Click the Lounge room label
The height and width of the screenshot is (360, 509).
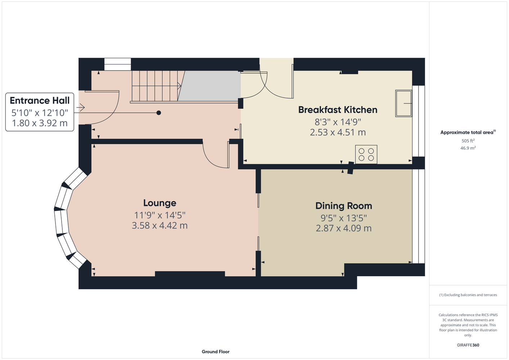click(160, 203)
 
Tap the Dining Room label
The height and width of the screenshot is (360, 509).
click(344, 206)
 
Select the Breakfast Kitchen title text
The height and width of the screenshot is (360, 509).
click(338, 110)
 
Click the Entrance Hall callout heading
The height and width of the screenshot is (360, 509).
click(40, 100)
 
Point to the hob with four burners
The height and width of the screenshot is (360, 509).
click(366, 154)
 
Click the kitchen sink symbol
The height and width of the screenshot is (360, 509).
click(403, 103)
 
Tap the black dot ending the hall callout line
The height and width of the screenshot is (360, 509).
click(159, 113)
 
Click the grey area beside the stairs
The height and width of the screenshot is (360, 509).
click(209, 86)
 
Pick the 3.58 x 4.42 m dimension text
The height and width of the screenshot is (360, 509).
click(160, 225)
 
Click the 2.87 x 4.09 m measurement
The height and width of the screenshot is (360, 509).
click(344, 228)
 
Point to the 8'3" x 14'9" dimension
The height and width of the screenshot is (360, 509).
click(338, 122)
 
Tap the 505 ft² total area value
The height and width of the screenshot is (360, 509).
click(468, 141)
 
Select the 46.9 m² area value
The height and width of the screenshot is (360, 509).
click(468, 148)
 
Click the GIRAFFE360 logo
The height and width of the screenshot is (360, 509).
click(468, 345)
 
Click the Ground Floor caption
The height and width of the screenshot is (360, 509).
click(215, 352)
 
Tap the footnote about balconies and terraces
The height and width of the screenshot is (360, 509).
click(468, 295)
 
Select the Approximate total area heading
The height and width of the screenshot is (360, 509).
click(468, 132)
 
